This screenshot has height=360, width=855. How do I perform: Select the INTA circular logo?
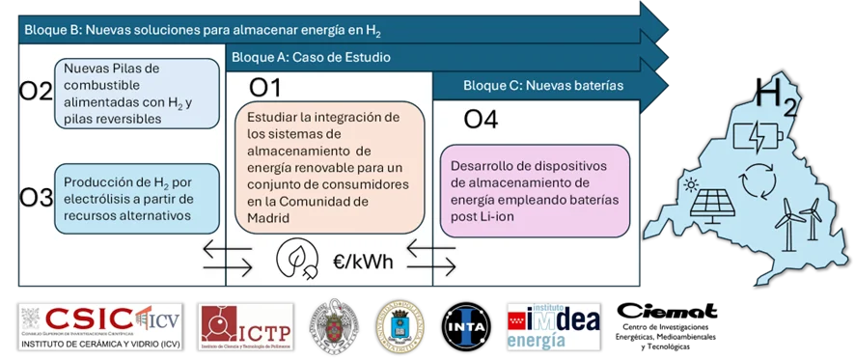point(467,328)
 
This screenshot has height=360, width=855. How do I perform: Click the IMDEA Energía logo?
point(552,328)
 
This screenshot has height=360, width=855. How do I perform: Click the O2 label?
point(36,93)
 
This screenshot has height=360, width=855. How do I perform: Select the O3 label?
point(36,198)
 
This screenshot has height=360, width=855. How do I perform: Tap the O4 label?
point(481,121)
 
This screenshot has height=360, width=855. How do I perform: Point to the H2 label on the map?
point(777,98)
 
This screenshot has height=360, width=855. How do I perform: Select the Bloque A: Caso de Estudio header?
point(311,58)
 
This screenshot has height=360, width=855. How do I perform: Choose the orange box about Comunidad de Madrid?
point(330,170)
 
